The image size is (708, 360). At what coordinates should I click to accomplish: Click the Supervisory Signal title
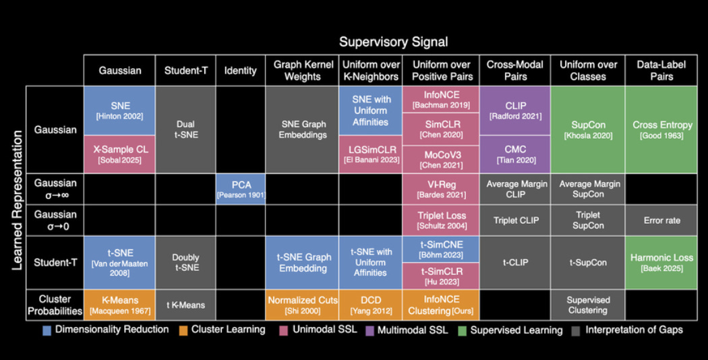(x=393, y=42)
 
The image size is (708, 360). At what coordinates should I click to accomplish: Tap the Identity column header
(x=241, y=71)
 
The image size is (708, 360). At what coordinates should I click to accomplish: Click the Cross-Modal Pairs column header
(x=515, y=71)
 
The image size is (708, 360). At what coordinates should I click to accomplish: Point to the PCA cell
(x=241, y=189)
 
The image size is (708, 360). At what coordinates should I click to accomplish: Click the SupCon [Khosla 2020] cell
(x=589, y=129)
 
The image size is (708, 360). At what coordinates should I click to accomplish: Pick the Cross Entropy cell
(x=662, y=129)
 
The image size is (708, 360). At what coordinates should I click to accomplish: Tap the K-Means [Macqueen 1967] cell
(x=119, y=305)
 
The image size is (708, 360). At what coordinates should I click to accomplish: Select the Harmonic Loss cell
(x=662, y=262)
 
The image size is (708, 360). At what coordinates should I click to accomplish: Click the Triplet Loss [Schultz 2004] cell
(x=441, y=220)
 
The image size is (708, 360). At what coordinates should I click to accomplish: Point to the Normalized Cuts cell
(x=302, y=305)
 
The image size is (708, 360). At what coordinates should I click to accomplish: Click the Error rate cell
(x=662, y=220)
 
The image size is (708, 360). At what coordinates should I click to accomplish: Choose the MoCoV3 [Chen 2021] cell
(x=441, y=159)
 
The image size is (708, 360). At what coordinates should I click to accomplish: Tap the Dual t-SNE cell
(x=185, y=129)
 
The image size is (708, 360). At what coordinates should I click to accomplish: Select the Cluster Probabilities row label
(x=55, y=305)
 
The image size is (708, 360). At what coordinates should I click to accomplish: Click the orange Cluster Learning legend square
(x=183, y=330)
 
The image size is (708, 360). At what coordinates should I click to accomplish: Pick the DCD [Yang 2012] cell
(x=370, y=305)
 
